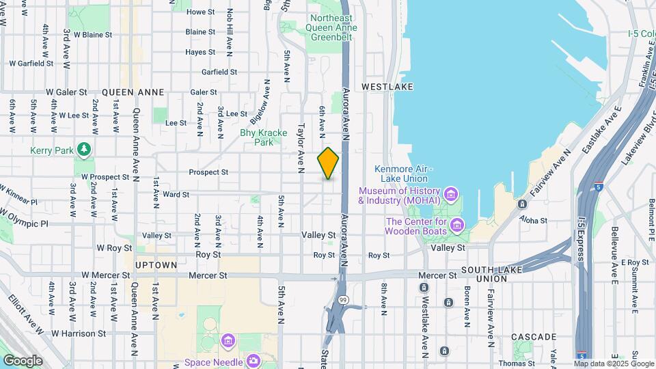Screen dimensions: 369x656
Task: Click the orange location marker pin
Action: (328, 163)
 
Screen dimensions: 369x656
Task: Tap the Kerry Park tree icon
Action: (84, 148)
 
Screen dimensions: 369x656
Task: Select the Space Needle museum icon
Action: (253, 360)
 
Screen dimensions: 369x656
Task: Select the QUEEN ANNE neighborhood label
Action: (133, 92)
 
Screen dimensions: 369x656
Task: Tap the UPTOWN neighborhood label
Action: (156, 264)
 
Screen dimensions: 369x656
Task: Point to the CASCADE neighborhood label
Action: (534, 337)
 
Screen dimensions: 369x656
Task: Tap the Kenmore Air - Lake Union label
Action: (401, 174)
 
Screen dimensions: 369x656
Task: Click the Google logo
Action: (23, 360)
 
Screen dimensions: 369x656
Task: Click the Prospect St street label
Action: (208, 172)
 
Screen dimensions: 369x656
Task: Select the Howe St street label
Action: (201, 12)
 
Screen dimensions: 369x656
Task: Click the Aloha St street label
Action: (534, 220)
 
